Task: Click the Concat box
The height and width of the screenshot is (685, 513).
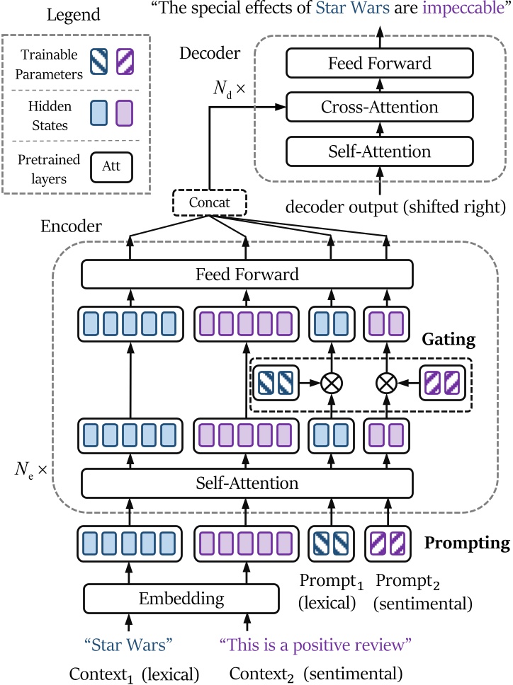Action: click(x=210, y=204)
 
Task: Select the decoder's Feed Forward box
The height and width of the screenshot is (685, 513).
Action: click(x=379, y=64)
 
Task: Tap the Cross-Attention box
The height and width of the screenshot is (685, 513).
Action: click(x=379, y=108)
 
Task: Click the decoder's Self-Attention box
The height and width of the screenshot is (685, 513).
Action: click(x=379, y=151)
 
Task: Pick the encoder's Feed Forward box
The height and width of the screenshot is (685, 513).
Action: click(x=247, y=274)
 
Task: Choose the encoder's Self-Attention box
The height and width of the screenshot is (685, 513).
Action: click(x=247, y=484)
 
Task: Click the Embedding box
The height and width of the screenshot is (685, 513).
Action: click(x=181, y=599)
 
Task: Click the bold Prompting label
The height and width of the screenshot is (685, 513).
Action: click(x=467, y=543)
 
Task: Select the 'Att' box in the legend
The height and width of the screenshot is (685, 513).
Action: click(x=111, y=168)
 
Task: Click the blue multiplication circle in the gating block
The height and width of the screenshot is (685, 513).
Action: click(x=331, y=383)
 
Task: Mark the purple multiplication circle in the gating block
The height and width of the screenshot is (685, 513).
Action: click(x=385, y=383)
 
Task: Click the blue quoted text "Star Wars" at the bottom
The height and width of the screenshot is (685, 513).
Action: click(x=128, y=645)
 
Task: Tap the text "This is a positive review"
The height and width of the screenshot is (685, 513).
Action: click(x=316, y=645)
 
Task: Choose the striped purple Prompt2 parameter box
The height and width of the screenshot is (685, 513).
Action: click(x=386, y=543)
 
